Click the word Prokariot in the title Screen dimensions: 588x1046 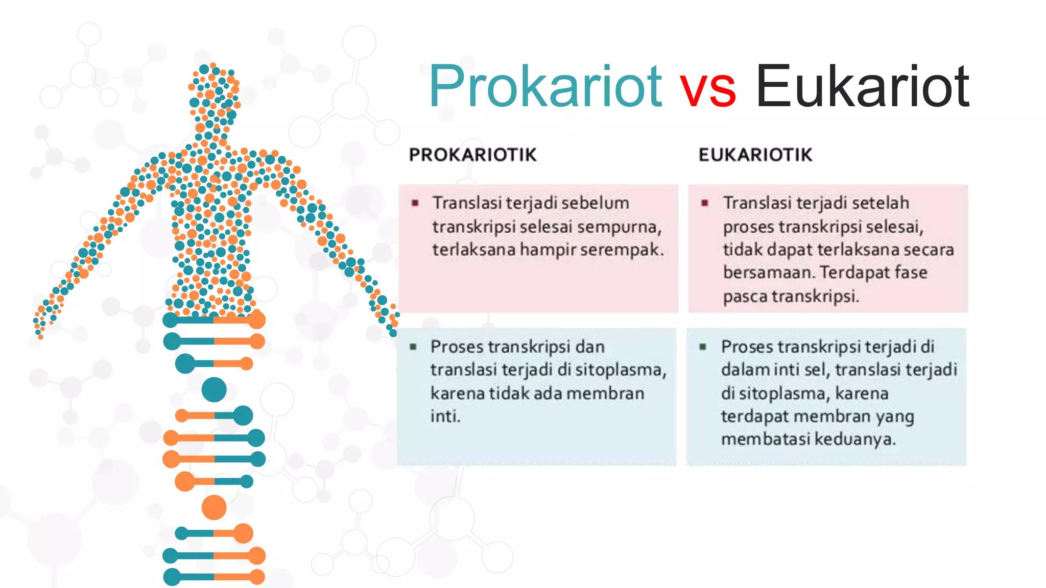pyautogui.click(x=545, y=87)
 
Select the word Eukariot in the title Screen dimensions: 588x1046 pyautogui.click(x=862, y=87)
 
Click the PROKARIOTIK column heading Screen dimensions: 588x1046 pyautogui.click(x=472, y=155)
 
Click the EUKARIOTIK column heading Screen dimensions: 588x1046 pyautogui.click(x=755, y=155)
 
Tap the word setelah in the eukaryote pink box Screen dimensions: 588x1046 pyautogui.click(x=880, y=203)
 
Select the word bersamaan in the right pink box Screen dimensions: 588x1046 pyautogui.click(x=769, y=273)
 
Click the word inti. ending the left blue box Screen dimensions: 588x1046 pyautogui.click(x=445, y=416)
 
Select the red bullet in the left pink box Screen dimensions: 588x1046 pyautogui.click(x=415, y=203)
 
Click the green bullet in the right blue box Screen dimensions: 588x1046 pyautogui.click(x=703, y=347)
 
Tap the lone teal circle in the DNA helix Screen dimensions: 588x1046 pyautogui.click(x=214, y=390)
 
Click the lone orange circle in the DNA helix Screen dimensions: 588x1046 pyautogui.click(x=214, y=507)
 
